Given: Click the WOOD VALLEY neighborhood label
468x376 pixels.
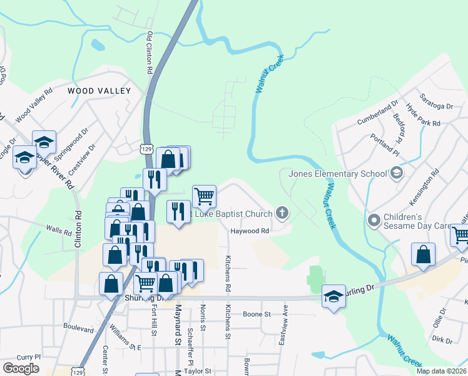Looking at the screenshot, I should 99,91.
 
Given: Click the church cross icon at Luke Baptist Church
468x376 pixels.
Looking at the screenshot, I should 282,214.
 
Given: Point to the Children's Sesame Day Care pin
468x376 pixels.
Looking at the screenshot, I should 374,220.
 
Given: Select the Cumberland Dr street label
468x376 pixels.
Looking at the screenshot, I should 377,113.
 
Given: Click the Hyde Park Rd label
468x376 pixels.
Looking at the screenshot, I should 423,116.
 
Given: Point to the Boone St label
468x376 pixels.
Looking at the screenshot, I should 256,314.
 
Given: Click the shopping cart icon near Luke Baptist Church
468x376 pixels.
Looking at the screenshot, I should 205,196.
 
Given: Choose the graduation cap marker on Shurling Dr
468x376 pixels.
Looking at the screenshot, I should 333,296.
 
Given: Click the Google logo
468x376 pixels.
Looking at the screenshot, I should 21,368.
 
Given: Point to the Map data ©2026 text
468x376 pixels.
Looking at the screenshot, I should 442,371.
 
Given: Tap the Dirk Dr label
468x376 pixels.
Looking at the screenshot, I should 442,340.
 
